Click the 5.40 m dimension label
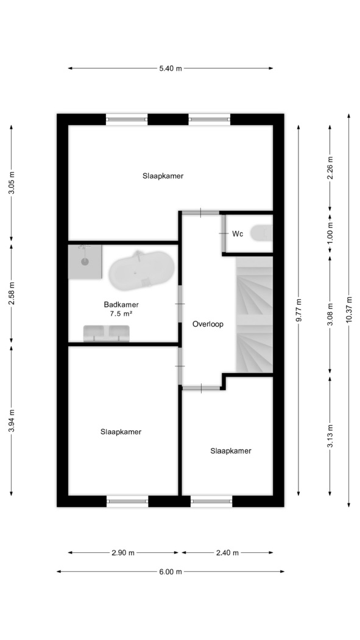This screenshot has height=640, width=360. click(171, 68)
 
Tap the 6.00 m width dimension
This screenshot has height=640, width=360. click(171, 572)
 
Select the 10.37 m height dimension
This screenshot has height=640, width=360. click(348, 310)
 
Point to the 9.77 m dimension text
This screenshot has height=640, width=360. click(298, 310)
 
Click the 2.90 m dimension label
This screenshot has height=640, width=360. click(123, 553)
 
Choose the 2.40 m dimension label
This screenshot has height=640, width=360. click(227, 553)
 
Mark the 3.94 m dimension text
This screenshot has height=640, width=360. click(12, 421)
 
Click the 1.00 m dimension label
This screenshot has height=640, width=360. click(330, 233)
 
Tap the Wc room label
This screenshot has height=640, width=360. click(238, 234)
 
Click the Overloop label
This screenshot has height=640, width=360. click(208, 324)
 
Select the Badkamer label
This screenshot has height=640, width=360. click(121, 305)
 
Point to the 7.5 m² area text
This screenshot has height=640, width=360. click(122, 313)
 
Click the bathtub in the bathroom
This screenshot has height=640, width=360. click(141, 270)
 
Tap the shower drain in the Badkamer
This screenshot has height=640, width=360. click(85, 262)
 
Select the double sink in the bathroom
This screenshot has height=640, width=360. click(107, 333)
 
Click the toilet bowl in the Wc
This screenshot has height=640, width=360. click(261, 233)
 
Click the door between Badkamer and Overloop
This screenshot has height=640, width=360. click(180, 304)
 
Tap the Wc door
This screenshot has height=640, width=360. click(224, 233)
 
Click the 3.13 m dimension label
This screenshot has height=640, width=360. click(330, 436)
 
